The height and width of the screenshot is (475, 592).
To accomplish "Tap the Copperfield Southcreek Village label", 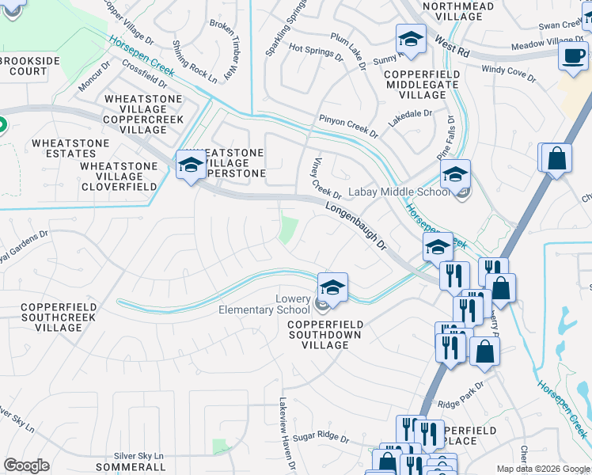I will pos(58,316).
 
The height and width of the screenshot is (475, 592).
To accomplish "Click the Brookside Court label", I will pos(24,65).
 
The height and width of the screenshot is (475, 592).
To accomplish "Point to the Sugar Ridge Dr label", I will pos(321,437).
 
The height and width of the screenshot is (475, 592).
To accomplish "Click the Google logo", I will pos(26,465).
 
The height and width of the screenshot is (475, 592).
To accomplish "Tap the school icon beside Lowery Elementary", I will pos(333,287).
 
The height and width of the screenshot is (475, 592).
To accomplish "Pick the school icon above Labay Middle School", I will pos(455,174).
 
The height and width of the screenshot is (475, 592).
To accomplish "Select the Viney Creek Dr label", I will pos(325,178).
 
